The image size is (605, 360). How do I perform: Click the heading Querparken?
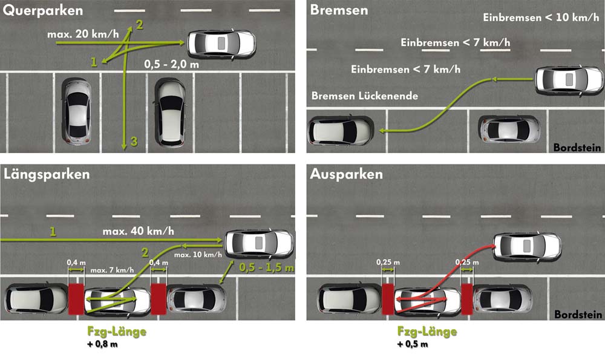pyautogui.click(x=42, y=10)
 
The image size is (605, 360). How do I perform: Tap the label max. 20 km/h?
pyautogui.click(x=83, y=34)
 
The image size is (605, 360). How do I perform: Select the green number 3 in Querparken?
pyautogui.click(x=134, y=141)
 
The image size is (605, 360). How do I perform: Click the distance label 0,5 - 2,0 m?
pyautogui.click(x=172, y=64)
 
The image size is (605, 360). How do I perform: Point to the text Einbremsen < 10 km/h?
pyautogui.click(x=541, y=18)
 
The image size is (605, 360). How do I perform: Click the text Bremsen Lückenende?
pyautogui.click(x=365, y=96)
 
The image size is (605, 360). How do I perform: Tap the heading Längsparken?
pyautogui.click(x=47, y=174)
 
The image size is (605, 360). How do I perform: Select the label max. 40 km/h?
pyautogui.click(x=138, y=231)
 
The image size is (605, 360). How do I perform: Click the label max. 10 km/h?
pyautogui.click(x=198, y=255)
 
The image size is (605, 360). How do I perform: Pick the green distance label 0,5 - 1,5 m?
pyautogui.click(x=266, y=267)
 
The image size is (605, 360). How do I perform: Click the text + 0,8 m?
pyautogui.click(x=102, y=344)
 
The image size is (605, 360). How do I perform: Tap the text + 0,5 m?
pyautogui.click(x=413, y=344)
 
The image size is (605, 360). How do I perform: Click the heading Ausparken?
pyautogui.click(x=346, y=174)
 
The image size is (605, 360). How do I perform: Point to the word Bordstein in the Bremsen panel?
pyautogui.click(x=577, y=148)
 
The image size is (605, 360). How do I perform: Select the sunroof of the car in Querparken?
pyautogui.click(x=221, y=43)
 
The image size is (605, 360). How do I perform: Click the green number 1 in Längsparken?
pyautogui.click(x=53, y=232)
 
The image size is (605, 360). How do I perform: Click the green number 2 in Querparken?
pyautogui.click(x=139, y=25)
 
